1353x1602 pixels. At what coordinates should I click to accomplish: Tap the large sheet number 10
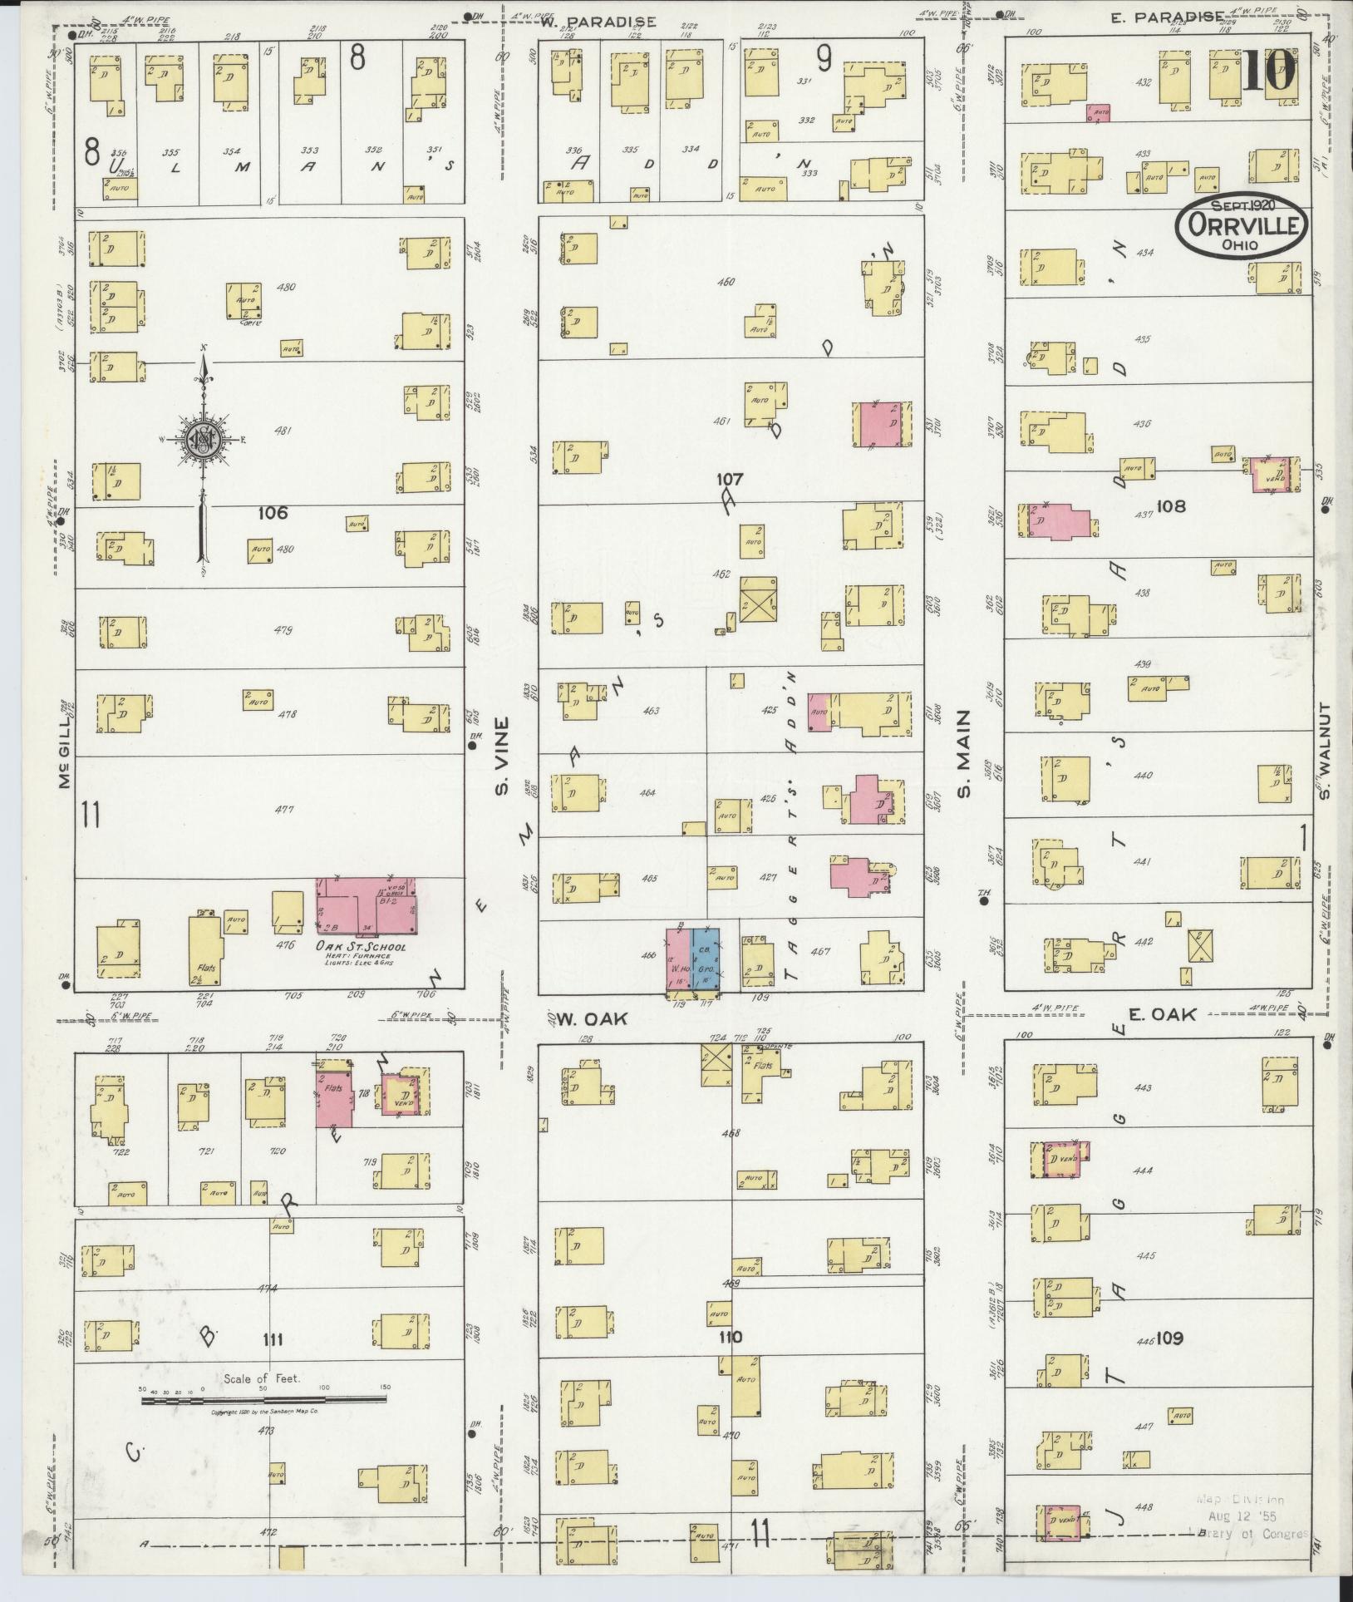click(x=1269, y=70)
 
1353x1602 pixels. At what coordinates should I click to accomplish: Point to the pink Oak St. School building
click(x=366, y=905)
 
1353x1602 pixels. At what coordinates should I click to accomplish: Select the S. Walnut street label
click(x=1325, y=752)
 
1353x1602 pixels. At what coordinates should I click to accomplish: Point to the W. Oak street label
click(x=578, y=1018)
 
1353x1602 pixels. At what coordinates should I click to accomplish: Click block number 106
click(x=272, y=513)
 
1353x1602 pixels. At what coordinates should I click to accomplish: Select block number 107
click(x=731, y=480)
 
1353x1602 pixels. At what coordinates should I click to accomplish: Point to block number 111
click(x=273, y=1339)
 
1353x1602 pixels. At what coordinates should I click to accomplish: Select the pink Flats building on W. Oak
click(x=334, y=1098)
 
